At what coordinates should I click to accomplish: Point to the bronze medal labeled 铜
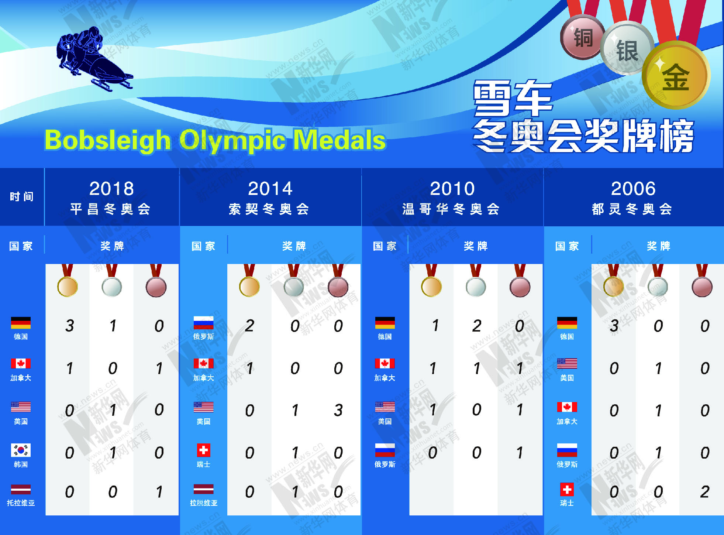point(583,37)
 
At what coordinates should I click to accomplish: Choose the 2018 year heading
point(112,189)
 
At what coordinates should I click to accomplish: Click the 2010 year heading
point(452,189)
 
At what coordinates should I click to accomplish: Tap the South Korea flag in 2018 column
point(21,450)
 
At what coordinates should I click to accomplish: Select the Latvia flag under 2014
point(203,489)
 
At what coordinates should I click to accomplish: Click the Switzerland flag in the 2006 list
point(567,490)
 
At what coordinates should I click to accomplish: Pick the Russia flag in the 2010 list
point(385,450)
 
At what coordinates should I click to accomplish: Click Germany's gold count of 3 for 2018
point(69,326)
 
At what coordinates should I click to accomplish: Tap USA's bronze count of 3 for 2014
point(338,410)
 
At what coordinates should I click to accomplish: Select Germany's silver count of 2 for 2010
point(476,326)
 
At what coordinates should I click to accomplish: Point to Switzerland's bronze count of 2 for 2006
point(704,492)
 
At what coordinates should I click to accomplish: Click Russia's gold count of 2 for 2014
point(249,326)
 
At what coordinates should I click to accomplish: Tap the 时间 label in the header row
point(21,196)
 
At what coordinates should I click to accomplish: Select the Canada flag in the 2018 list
point(21,363)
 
